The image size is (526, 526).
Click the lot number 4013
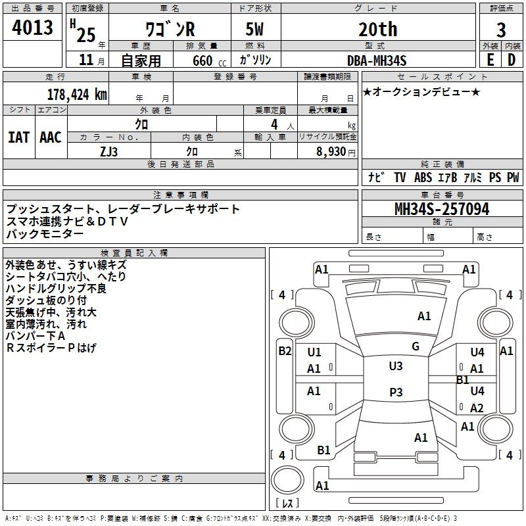pos(32,27)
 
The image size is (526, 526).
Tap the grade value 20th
pos(378,29)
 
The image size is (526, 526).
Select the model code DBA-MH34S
pos(377,60)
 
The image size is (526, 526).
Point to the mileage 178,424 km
pos(77,95)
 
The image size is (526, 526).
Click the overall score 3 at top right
pos(501,30)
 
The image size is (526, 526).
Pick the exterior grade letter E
pos(490,60)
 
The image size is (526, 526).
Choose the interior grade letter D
pos(512,60)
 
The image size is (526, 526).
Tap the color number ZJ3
pos(108,152)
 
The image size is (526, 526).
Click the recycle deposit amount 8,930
pos(331,152)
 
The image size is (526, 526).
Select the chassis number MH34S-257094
pos(442,209)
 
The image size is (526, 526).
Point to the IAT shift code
pos(19,137)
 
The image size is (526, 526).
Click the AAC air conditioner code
pos(51,137)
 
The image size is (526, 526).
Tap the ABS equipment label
pos(423,177)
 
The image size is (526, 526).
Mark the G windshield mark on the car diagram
pos(416,347)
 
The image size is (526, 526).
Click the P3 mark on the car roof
pos(396,392)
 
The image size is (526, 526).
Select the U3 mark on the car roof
pos(396,366)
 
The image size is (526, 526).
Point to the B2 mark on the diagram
pos(285,351)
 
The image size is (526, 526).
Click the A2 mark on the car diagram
pos(477,408)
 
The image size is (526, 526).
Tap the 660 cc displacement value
pos(209,60)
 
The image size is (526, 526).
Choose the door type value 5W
pos(254,29)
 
